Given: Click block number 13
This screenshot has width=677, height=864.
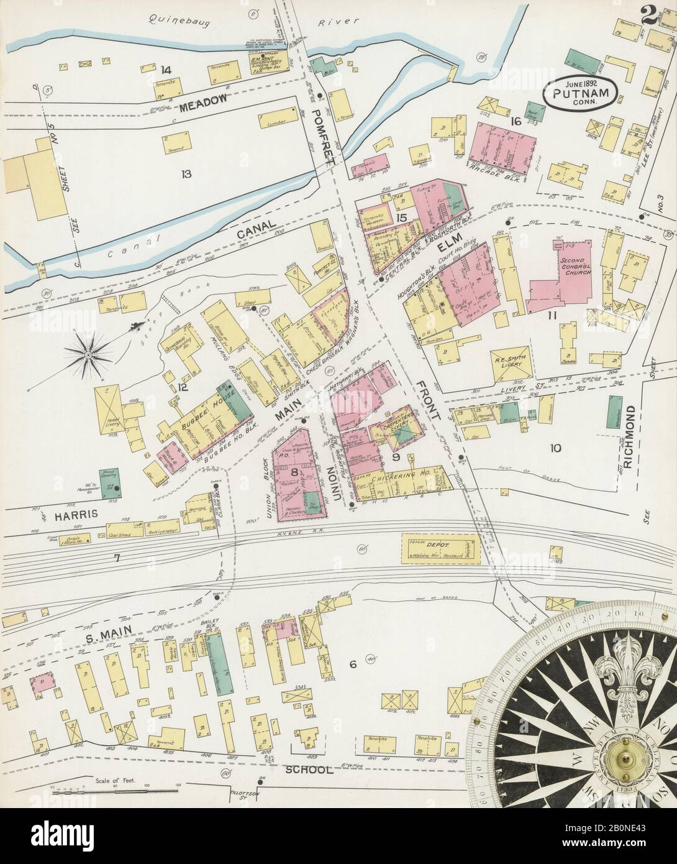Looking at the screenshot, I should pyautogui.click(x=184, y=173).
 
